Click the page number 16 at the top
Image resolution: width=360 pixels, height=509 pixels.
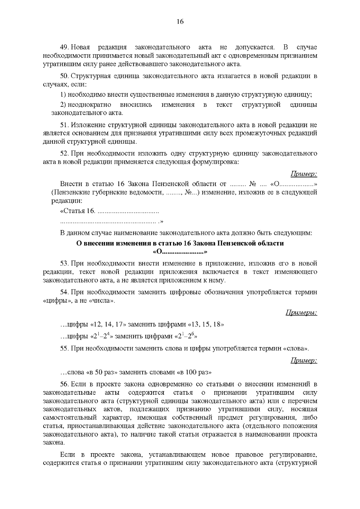(180, 22)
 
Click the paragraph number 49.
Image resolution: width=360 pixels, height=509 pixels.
(65, 47)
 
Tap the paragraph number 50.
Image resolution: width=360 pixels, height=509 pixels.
(65, 76)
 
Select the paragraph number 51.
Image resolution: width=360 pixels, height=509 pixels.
(65, 125)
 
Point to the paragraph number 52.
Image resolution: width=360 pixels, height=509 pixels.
(65, 154)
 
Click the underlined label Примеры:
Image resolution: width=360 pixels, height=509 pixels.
(301, 313)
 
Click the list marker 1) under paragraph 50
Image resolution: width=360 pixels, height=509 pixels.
(63, 95)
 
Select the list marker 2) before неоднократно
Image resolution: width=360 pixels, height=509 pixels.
(63, 105)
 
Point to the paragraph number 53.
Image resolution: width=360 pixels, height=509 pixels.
(65, 264)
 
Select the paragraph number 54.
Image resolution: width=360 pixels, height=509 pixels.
(65, 292)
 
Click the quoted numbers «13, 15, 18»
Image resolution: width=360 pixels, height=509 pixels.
(206, 325)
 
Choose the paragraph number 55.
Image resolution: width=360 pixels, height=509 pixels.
(65, 349)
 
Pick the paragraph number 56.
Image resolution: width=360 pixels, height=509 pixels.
(65, 384)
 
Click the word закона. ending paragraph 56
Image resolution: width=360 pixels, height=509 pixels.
(53, 443)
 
